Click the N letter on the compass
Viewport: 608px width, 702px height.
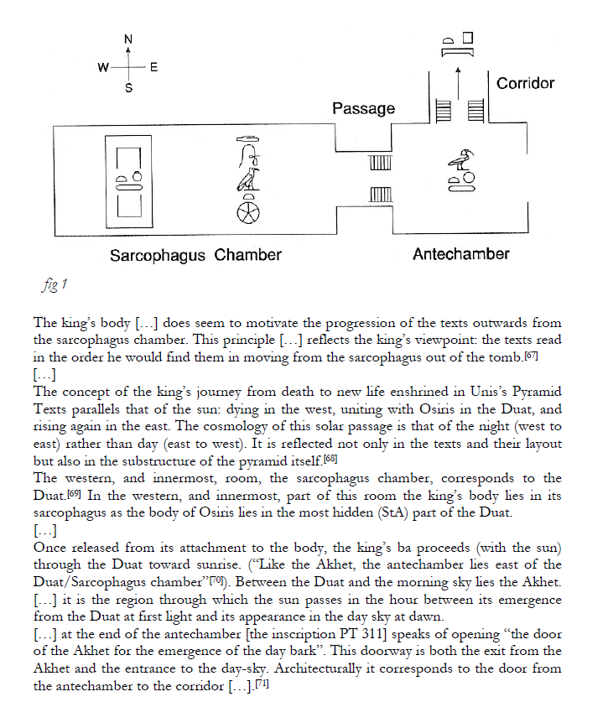pyautogui.click(x=128, y=39)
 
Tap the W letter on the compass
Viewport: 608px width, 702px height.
pyautogui.click(x=103, y=68)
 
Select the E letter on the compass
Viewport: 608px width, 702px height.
pyautogui.click(x=153, y=68)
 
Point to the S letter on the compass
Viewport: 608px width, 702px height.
pyautogui.click(x=128, y=88)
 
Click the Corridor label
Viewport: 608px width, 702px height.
pyautogui.click(x=525, y=83)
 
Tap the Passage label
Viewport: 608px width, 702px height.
pyautogui.click(x=364, y=109)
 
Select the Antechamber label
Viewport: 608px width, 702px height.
pyautogui.click(x=460, y=254)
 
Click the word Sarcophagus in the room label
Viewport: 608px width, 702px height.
pyautogui.click(x=157, y=256)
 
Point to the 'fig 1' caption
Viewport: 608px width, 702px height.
pyautogui.click(x=55, y=284)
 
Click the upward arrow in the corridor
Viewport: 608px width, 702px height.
pyautogui.click(x=458, y=83)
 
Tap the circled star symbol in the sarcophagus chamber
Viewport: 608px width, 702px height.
pyautogui.click(x=248, y=213)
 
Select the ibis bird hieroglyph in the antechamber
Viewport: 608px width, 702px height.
pyautogui.click(x=461, y=159)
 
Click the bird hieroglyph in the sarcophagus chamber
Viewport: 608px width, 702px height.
pyautogui.click(x=248, y=180)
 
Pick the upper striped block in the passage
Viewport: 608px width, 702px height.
pyautogui.click(x=381, y=162)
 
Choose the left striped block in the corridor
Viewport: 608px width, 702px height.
pyautogui.click(x=444, y=111)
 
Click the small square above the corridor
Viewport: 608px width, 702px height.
pyautogui.click(x=467, y=38)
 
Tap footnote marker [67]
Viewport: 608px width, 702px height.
pyautogui.click(x=531, y=356)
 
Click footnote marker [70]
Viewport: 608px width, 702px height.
pyautogui.click(x=216, y=580)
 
